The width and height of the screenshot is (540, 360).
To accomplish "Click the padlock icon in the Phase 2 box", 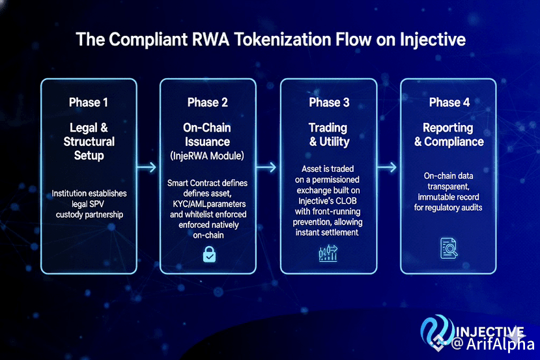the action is [208, 255].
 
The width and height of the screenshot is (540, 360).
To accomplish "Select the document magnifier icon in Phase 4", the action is [448, 248].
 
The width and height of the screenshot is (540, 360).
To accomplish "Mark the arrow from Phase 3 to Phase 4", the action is [388, 167].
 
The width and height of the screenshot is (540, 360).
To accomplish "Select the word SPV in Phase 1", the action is [98, 204].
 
